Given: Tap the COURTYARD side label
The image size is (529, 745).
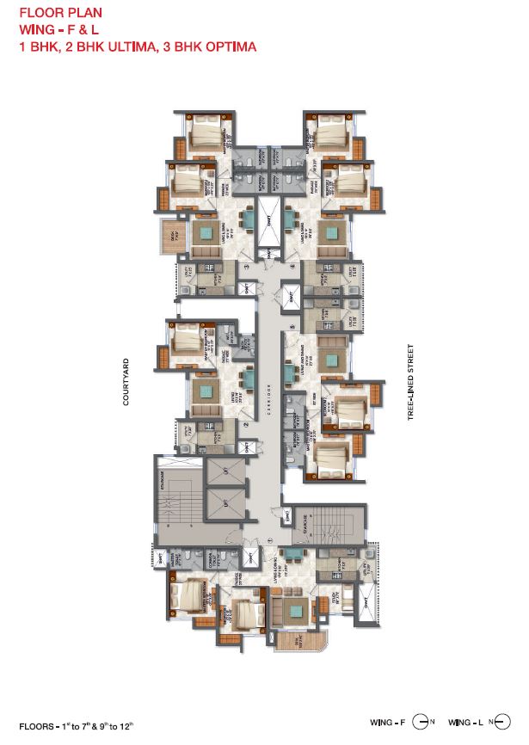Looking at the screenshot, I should tap(126, 382).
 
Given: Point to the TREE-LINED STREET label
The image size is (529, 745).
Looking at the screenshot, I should tap(411, 382).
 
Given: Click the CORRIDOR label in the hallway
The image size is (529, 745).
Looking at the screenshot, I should tap(269, 397).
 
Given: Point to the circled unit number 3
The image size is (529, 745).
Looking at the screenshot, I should tap(246, 268).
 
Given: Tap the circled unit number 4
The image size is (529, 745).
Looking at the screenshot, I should tap(292, 268).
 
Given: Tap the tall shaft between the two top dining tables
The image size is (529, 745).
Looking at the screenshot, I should tap(268, 221).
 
